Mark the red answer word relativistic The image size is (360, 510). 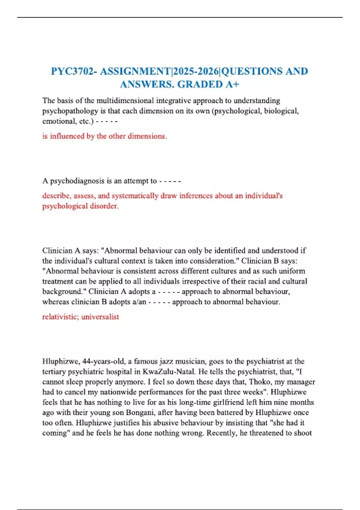click(60, 317)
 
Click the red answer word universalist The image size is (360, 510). click(100, 317)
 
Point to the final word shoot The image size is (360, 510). click(302, 433)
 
